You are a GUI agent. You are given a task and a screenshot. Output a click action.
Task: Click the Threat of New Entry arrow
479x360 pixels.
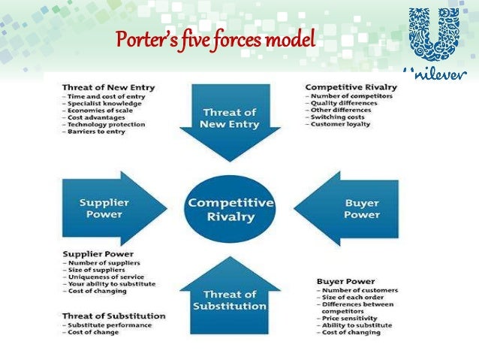pyautogui.click(x=229, y=119)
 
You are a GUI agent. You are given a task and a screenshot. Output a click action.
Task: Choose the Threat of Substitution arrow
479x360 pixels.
pyautogui.click(x=229, y=298)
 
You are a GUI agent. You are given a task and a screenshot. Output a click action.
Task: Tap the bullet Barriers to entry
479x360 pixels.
pyautogui.click(x=94, y=132)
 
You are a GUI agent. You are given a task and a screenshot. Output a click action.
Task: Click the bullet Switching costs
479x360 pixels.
pyautogui.click(x=338, y=116)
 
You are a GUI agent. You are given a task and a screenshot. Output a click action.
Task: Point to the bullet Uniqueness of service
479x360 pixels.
pyautogui.click(x=102, y=276)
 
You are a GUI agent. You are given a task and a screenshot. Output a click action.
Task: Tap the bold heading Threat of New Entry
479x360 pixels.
pyautogui.click(x=108, y=88)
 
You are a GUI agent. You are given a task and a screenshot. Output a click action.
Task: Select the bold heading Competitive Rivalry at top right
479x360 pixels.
pyautogui.click(x=351, y=88)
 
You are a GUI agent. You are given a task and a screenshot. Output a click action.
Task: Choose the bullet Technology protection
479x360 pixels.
pyautogui.click(x=100, y=125)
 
